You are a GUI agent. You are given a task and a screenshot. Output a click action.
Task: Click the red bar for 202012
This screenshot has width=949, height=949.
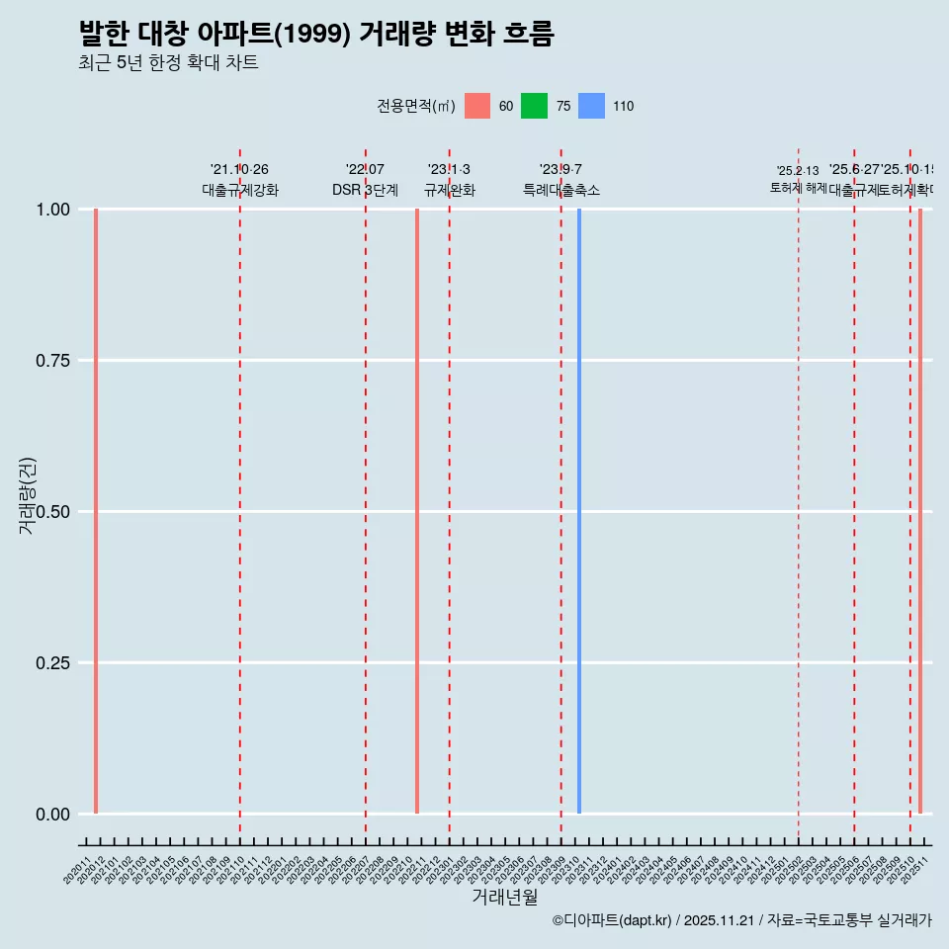click(96, 511)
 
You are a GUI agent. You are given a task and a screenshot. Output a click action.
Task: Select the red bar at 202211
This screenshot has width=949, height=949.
click(417, 511)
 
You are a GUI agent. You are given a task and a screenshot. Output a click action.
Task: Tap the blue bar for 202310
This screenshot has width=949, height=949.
click(578, 511)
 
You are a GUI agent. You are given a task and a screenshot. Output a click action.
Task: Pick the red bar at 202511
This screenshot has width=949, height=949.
click(920, 511)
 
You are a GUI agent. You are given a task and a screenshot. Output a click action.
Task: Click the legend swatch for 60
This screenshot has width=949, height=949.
click(477, 106)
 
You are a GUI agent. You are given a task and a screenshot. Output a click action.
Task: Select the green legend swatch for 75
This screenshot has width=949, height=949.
click(534, 106)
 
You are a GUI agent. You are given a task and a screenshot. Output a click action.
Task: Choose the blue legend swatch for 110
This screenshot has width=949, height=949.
click(591, 106)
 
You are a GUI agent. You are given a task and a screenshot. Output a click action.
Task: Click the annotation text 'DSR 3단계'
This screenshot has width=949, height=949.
click(365, 190)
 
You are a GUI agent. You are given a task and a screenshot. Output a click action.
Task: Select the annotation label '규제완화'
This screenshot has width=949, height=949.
click(450, 190)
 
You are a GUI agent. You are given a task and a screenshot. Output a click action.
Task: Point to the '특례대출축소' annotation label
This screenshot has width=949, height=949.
click(561, 190)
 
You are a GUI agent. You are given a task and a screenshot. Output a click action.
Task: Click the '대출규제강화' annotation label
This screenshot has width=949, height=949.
click(240, 190)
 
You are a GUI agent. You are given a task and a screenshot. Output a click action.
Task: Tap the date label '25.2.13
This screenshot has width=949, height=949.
click(798, 171)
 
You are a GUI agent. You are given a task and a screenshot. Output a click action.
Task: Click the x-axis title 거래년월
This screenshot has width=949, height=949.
click(504, 898)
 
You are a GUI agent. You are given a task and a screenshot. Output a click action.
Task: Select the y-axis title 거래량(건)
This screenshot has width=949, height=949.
click(27, 495)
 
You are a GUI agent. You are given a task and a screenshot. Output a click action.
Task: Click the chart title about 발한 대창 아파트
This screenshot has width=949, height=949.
click(316, 34)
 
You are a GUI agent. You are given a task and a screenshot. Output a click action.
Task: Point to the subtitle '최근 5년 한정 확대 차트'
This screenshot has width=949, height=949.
click(168, 63)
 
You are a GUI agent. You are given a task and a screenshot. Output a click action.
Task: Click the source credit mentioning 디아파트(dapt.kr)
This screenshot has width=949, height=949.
click(741, 920)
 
